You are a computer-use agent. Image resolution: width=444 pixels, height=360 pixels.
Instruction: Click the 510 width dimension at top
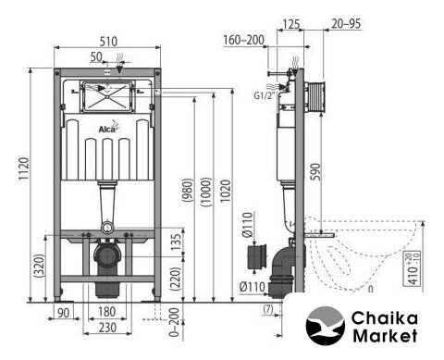(108, 42)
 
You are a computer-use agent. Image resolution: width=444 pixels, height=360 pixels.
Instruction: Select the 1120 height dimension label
(24, 169)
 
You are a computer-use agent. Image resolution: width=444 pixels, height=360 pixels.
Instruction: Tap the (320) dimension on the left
(39, 266)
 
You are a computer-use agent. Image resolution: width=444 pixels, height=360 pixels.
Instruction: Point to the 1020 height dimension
(226, 191)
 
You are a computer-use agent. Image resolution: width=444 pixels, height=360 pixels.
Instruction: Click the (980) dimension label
(188, 191)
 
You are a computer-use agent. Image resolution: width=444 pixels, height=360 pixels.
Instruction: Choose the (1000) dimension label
(206, 192)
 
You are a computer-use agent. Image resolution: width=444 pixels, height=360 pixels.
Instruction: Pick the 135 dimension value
(176, 242)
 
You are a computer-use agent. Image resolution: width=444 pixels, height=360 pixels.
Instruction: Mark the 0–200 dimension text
(175, 322)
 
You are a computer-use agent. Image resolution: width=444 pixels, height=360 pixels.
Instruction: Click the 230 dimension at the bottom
(107, 328)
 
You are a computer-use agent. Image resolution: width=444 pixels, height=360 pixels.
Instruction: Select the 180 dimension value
(107, 312)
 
